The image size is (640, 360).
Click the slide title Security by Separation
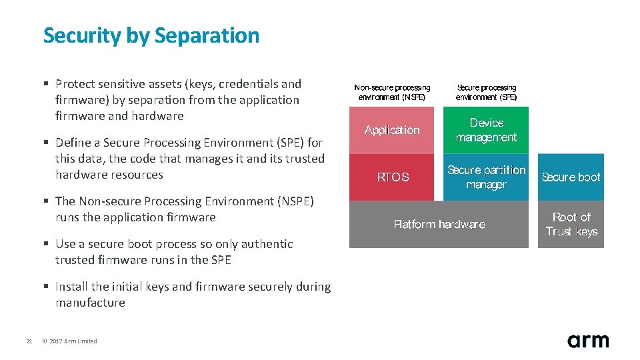click(151, 35)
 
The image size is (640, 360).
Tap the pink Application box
click(392, 130)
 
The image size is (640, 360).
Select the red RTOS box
click(393, 177)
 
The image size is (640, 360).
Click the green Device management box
click(486, 130)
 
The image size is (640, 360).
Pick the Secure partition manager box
click(486, 177)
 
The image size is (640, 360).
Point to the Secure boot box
click(571, 177)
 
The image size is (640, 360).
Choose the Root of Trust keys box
click(571, 225)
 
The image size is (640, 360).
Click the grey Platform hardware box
click(439, 225)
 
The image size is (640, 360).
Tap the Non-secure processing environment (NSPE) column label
click(392, 92)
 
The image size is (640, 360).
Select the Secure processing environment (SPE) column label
click(486, 92)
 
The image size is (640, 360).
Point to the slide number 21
click(29, 341)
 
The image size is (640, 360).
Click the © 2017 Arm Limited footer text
click(69, 341)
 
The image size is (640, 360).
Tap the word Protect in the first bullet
click(76, 84)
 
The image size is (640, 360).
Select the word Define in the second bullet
click(73, 143)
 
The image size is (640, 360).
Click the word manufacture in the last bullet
click(90, 303)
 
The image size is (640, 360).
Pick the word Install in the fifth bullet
click(71, 287)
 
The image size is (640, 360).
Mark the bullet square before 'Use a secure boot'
click(46, 244)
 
